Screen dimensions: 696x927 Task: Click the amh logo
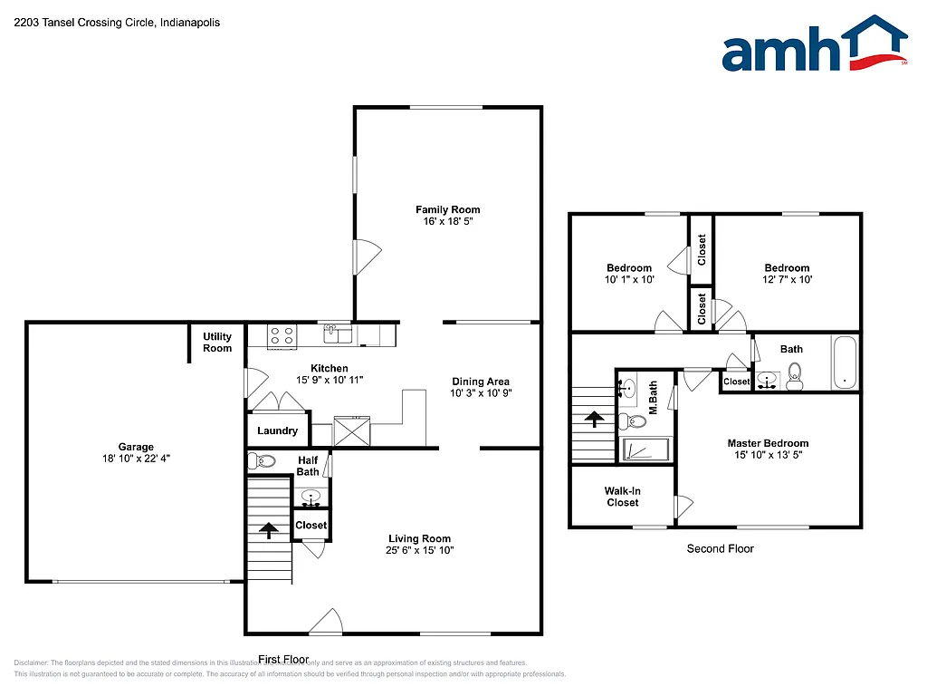tap(814, 44)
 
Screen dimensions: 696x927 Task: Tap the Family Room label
tap(448, 210)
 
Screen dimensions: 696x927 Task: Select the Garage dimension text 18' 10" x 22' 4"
tap(136, 459)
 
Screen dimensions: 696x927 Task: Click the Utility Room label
tap(217, 343)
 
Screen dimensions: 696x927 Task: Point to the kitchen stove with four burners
tap(282, 335)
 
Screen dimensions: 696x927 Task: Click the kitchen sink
tap(339, 334)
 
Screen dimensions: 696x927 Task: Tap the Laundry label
tap(277, 430)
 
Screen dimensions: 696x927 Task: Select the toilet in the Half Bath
tap(263, 461)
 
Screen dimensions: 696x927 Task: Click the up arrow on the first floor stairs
tap(268, 529)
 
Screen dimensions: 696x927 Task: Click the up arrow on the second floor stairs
tap(594, 419)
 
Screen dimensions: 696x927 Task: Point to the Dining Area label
tap(480, 382)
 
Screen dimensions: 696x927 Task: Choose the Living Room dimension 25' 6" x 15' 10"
tap(419, 550)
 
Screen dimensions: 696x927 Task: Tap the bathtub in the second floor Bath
tap(845, 363)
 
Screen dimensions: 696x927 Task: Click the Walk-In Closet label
tap(622, 497)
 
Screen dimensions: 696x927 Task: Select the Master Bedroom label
tap(768, 443)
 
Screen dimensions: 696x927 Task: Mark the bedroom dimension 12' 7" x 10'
tap(787, 280)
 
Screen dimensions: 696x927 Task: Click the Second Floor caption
tap(720, 548)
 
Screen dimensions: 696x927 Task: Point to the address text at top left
tap(117, 22)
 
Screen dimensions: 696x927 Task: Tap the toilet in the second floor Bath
tap(795, 376)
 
